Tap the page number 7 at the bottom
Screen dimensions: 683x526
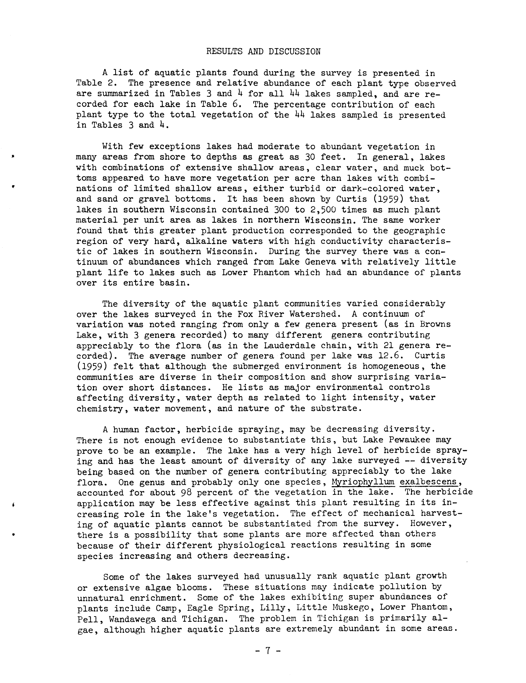coord(268,651)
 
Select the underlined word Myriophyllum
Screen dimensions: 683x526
coord(363,482)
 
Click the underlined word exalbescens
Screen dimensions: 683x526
coord(429,482)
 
